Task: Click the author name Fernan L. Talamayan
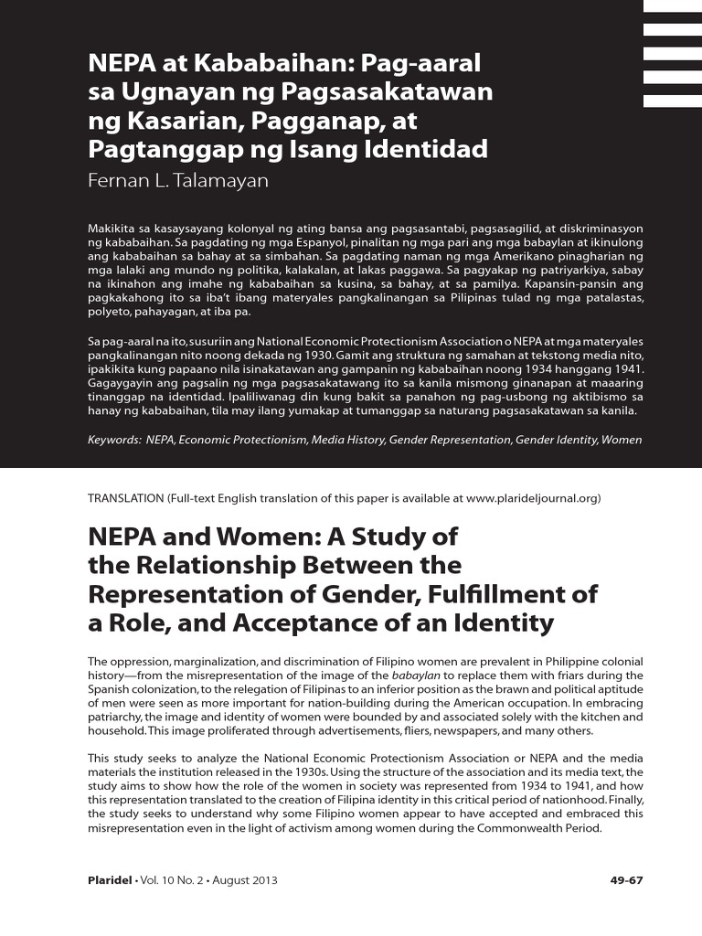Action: tap(177, 181)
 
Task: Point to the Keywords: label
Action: tap(114, 440)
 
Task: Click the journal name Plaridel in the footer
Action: tap(109, 881)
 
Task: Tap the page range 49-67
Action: tap(626, 881)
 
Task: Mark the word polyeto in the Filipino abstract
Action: tap(110, 313)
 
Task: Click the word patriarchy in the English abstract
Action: tap(116, 718)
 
